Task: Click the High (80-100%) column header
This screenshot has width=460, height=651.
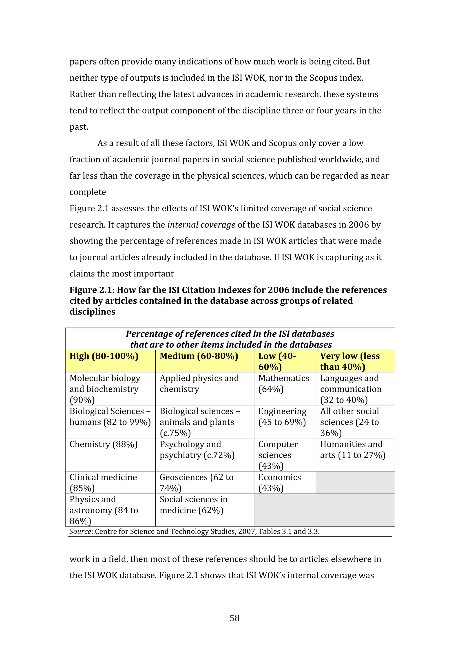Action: point(104,356)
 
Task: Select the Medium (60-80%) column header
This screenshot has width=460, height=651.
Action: point(199,356)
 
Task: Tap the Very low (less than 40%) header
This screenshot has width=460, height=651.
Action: point(350,361)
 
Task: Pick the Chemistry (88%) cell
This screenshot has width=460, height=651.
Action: point(104,444)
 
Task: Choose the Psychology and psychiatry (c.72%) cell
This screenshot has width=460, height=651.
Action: point(197,450)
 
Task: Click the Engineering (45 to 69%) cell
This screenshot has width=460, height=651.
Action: point(282,416)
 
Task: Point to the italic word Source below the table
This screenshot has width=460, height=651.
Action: point(80,531)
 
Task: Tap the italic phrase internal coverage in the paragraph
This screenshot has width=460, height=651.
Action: point(201,225)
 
